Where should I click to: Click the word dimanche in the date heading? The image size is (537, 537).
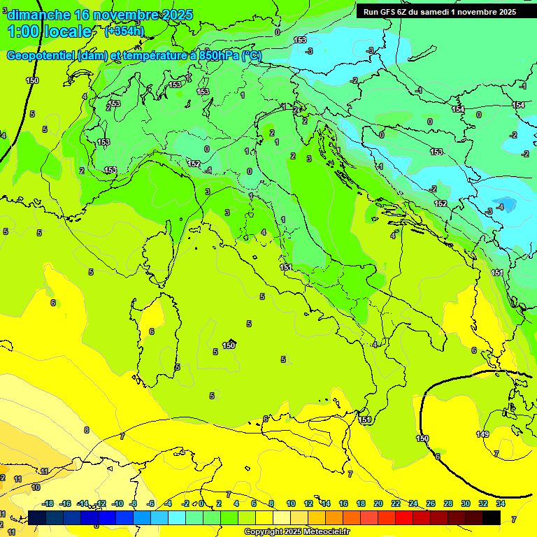39,15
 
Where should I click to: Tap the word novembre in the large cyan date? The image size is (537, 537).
123,15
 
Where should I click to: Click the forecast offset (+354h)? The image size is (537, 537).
124,31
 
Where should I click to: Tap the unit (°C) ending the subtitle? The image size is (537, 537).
252,56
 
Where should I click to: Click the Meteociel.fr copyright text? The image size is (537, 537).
297,532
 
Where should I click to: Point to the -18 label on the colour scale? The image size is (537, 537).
48,503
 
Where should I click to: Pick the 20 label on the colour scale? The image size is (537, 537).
378,503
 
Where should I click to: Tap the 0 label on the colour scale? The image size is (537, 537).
201,503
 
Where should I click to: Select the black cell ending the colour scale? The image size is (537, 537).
492,517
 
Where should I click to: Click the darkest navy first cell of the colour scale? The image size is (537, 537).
37,517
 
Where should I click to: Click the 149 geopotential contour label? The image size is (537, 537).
482,434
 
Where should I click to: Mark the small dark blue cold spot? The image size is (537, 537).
507,205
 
